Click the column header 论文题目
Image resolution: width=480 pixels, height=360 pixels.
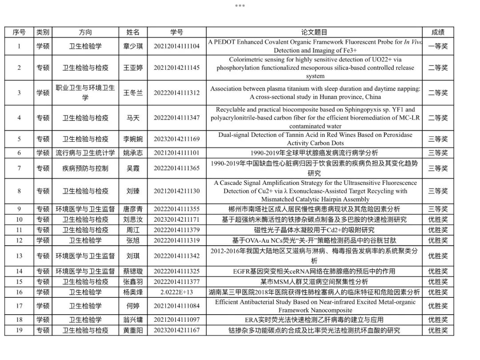point(314,32)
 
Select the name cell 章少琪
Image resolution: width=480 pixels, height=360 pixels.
point(133,46)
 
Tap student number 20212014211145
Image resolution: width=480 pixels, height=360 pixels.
point(176,68)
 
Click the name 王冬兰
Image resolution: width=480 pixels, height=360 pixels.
point(133,92)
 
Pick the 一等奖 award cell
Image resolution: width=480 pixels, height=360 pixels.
point(438,46)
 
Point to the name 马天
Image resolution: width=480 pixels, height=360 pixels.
point(133,118)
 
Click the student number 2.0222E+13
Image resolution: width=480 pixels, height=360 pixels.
point(176,292)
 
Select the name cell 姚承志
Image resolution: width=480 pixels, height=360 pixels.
point(133,153)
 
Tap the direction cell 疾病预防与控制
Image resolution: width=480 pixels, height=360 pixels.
point(85,168)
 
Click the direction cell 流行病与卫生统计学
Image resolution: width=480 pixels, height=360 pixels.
point(85,153)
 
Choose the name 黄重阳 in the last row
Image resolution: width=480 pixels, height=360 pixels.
point(133,330)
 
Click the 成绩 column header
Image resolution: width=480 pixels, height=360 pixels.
point(438,32)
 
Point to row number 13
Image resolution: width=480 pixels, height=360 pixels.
point(19,256)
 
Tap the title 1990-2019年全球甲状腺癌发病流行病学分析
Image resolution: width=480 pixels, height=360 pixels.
point(314,153)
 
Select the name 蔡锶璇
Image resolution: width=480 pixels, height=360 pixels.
point(133,271)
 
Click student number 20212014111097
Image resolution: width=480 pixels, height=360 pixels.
point(176,320)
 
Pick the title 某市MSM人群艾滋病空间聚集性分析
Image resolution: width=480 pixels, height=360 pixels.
point(314,282)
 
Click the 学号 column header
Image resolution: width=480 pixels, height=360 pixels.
point(176,32)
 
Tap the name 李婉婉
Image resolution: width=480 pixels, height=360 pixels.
point(133,139)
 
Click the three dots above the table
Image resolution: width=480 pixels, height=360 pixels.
point(240,5)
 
